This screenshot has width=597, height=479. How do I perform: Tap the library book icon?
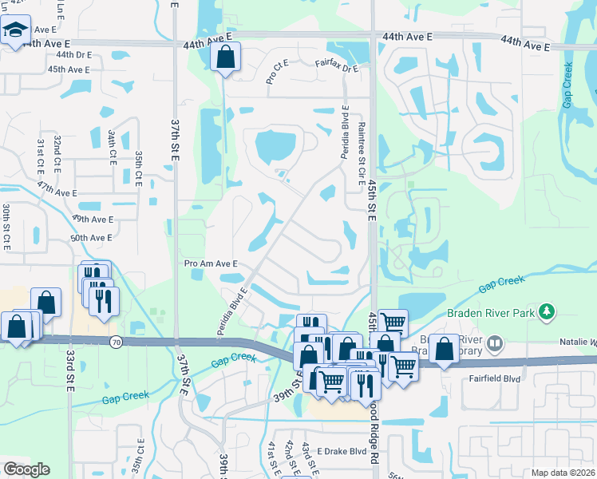(495, 344)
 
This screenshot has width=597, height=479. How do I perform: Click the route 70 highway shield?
(116, 341)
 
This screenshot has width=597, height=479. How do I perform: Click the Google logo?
(26, 469)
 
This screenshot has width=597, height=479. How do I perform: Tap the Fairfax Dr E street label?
(337, 66)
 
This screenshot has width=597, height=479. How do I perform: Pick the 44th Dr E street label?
(74, 55)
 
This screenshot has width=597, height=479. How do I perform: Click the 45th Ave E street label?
(68, 69)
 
